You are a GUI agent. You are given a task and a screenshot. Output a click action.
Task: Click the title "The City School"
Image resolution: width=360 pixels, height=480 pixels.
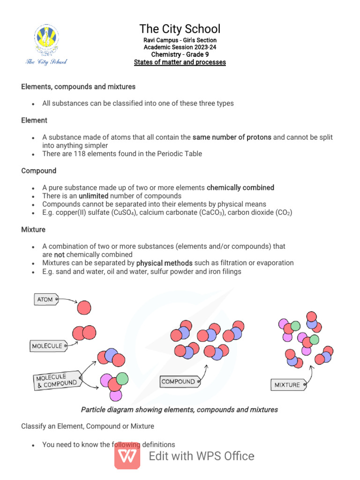click(180, 29)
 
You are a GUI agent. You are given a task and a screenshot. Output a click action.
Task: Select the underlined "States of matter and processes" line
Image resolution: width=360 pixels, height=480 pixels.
click(180, 62)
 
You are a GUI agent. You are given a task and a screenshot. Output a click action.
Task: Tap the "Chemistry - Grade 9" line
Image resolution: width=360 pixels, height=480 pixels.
click(180, 54)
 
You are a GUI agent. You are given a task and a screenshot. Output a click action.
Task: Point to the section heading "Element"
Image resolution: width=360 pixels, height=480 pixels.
click(34, 120)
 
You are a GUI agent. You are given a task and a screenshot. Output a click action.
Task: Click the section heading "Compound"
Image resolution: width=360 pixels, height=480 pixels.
click(38, 171)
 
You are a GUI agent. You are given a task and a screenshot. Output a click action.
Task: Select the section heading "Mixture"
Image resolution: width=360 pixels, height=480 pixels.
click(33, 230)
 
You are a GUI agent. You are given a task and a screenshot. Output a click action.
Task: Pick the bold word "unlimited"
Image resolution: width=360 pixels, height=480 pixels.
click(93, 196)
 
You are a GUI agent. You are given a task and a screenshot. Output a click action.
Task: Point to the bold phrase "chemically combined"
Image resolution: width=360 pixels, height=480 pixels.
click(240, 187)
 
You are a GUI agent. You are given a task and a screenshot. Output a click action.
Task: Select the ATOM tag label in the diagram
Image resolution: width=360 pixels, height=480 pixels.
click(46, 300)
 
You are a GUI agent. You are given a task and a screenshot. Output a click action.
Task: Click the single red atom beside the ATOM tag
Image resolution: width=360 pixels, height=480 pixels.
click(84, 307)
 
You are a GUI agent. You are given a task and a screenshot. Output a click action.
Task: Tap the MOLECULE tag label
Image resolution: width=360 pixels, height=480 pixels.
click(48, 346)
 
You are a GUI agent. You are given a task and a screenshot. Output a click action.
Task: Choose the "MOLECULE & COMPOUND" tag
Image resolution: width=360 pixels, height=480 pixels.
click(57, 380)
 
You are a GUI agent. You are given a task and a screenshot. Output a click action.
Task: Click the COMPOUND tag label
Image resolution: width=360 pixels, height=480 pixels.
click(180, 382)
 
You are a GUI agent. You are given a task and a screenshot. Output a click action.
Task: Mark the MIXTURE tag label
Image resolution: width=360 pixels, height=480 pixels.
click(288, 385)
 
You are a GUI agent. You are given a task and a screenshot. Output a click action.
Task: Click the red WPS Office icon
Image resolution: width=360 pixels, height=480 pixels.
click(127, 456)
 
